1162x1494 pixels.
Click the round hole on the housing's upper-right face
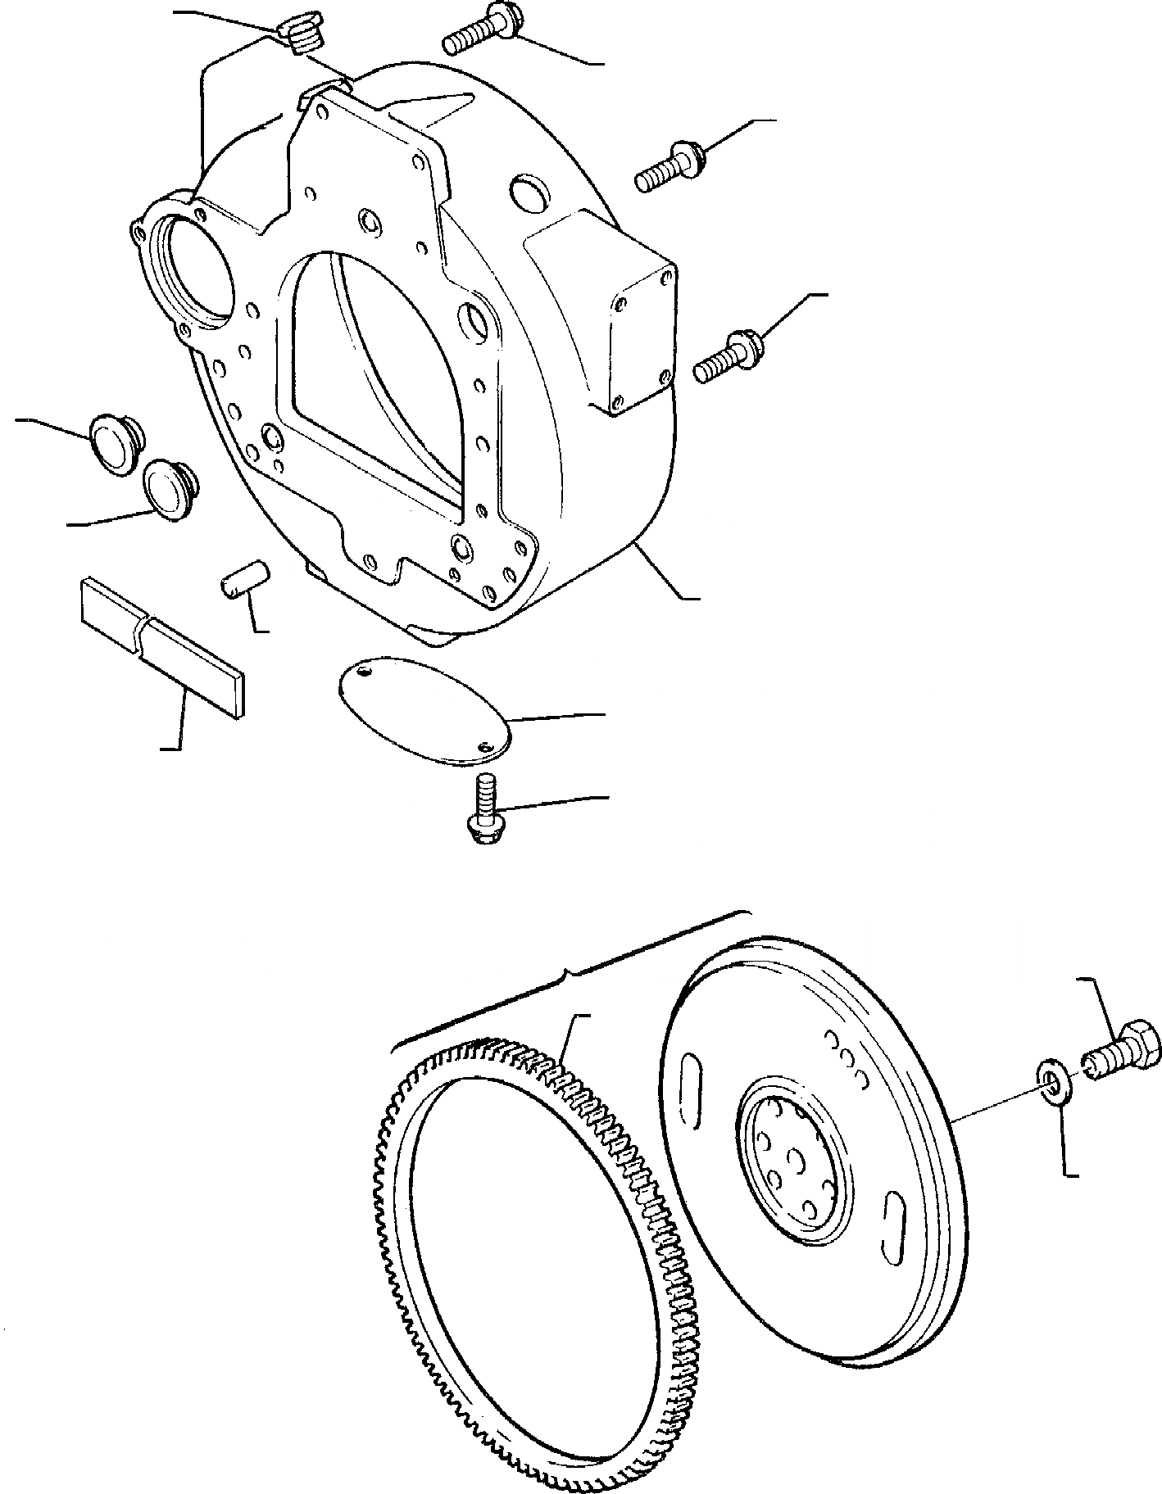click(523, 191)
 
